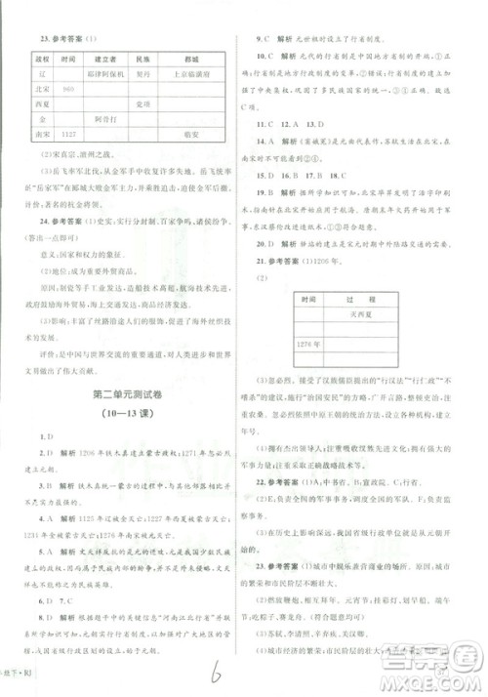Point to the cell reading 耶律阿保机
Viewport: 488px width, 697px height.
point(108,72)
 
